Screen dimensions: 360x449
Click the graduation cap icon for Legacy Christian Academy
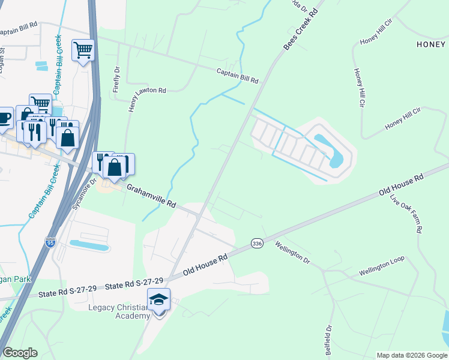click(x=159, y=299)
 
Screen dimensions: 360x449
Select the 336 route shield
click(x=257, y=242)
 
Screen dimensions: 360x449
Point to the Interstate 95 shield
click(x=51, y=242)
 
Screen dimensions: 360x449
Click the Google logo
click(x=20, y=353)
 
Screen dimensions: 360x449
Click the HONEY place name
click(x=432, y=44)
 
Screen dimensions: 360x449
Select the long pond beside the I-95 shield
click(x=89, y=245)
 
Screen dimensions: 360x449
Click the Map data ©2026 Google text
click(x=412, y=355)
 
